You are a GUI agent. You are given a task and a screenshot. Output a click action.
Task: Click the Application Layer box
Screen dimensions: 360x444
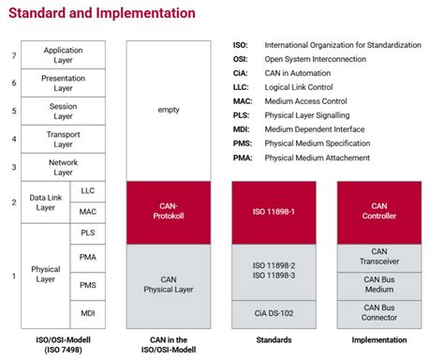[x=64, y=53]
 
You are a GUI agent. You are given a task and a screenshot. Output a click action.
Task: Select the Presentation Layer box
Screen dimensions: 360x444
[x=64, y=82]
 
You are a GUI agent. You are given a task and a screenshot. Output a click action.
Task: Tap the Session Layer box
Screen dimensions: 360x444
[x=64, y=111]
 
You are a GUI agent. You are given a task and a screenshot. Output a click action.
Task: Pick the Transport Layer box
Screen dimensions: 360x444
[x=64, y=139]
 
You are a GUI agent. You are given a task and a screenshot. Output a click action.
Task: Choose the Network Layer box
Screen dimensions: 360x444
[x=64, y=168]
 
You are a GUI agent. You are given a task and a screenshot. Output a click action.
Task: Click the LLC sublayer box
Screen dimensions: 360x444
[x=88, y=190]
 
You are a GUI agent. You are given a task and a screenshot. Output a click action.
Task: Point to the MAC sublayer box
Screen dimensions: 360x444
[x=88, y=213]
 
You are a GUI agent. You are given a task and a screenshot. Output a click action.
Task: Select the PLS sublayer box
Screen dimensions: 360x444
[x=88, y=233]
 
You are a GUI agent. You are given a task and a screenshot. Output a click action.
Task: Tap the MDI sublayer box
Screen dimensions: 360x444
[x=88, y=312]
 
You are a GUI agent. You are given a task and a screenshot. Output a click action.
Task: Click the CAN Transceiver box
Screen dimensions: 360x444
[x=379, y=256]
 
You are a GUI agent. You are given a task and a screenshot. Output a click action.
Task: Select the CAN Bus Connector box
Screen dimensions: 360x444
[x=379, y=312]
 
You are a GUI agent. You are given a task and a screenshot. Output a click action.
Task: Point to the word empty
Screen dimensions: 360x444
[x=170, y=111]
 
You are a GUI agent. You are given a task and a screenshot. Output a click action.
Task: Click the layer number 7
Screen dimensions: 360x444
[x=13, y=55]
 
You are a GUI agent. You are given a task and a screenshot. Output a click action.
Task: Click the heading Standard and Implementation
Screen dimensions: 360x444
[x=102, y=13]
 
